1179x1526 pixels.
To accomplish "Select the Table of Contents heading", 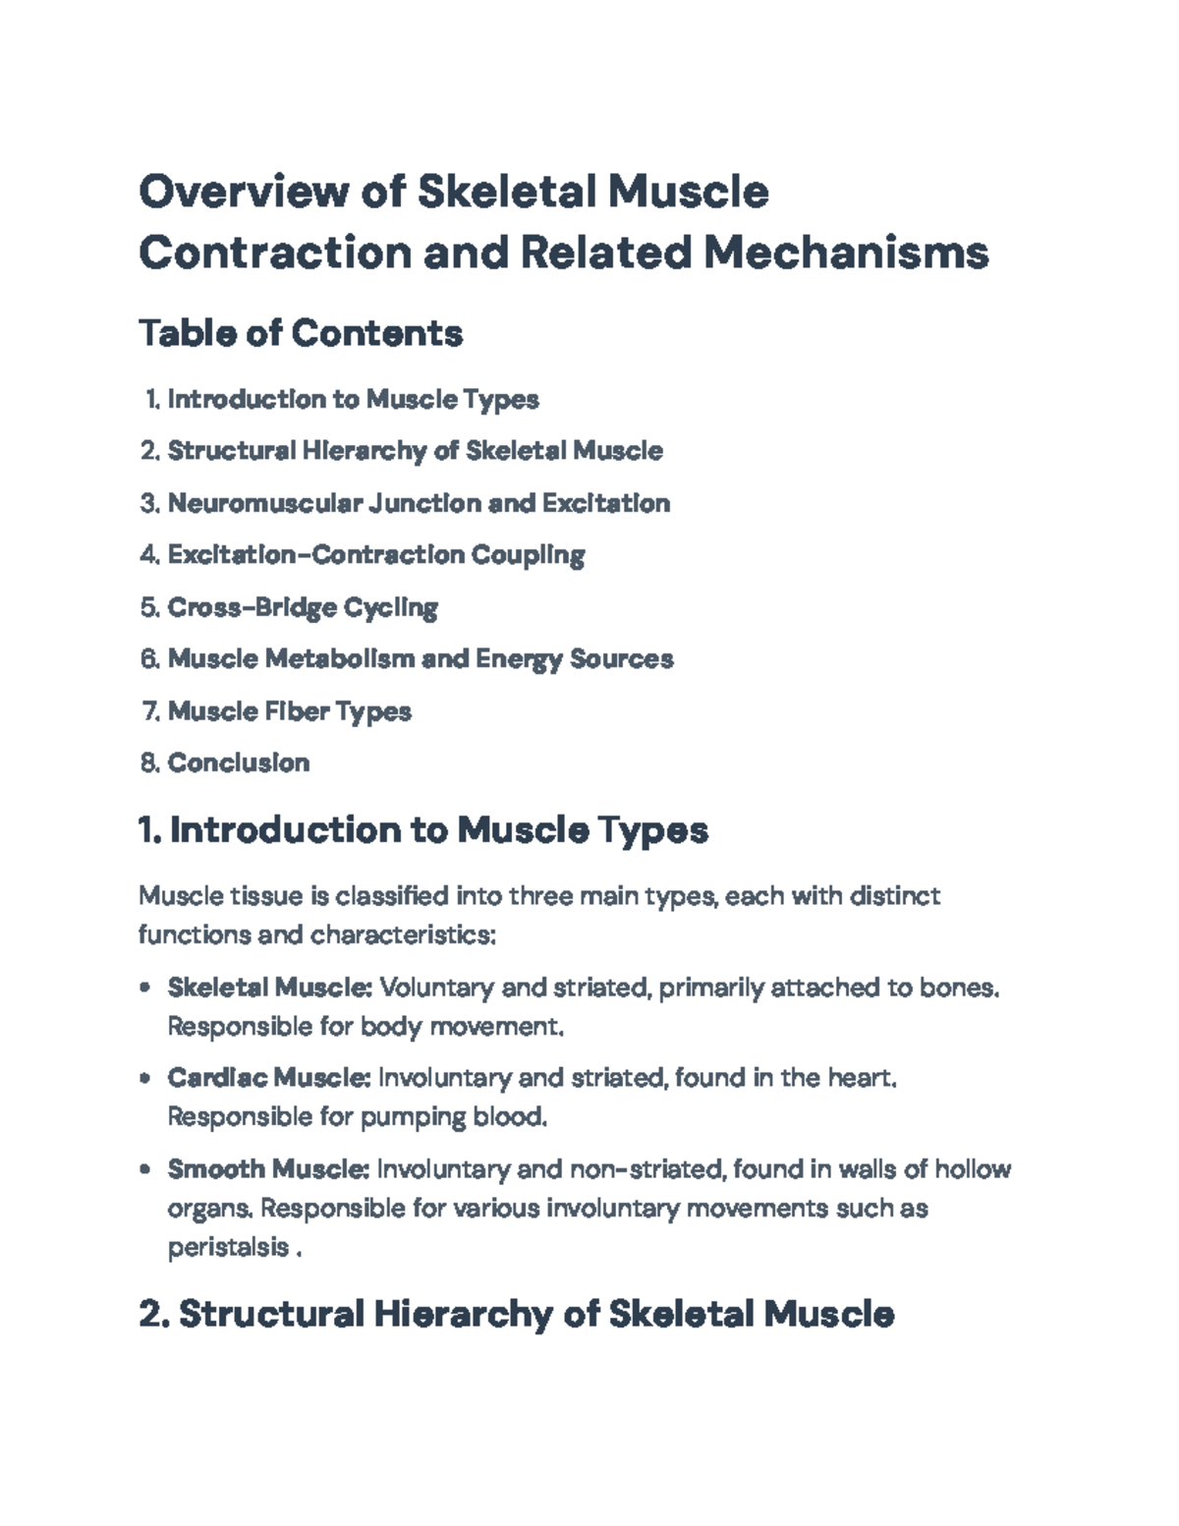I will pos(301,333).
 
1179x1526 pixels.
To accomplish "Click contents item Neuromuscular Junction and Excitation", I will pos(419,503).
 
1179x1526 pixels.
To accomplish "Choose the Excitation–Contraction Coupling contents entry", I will pos(376,555).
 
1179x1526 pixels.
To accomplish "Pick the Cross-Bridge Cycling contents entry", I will pos(303,607).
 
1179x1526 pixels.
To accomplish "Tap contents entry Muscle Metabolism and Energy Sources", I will pos(421,658).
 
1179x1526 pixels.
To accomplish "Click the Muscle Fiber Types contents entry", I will pos(289,710).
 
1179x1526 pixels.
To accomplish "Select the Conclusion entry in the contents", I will pos(239,763).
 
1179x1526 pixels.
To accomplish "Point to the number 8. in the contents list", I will pos(149,763).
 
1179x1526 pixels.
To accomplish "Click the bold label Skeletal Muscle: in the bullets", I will pos(269,988).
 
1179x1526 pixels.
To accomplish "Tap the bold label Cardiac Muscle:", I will pos(268,1078).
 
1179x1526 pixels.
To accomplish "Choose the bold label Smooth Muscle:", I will pos(268,1169).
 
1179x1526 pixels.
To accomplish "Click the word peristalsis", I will pos(228,1248).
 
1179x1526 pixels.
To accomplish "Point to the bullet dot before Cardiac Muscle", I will pos(145,1078).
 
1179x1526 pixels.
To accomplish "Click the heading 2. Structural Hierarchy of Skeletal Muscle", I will pos(517,1314).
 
